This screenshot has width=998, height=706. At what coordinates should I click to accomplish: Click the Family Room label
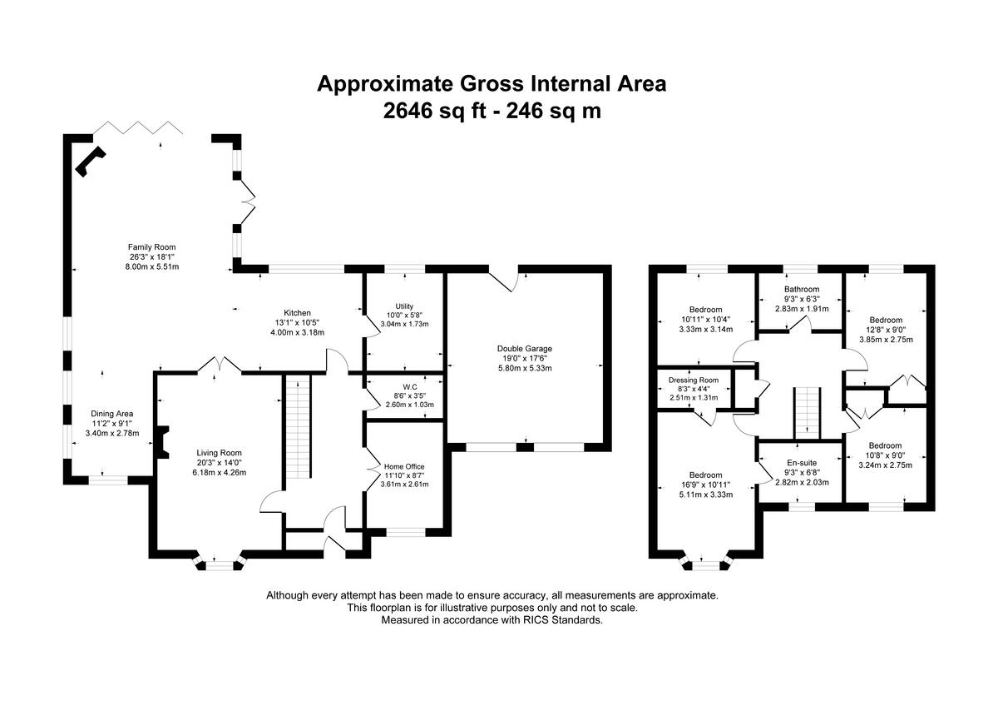coord(152,247)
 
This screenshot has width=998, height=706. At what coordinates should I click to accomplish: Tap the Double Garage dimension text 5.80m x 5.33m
coord(525,368)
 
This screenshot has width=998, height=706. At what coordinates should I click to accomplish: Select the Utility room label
coord(404,306)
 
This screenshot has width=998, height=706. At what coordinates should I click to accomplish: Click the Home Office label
coord(404,466)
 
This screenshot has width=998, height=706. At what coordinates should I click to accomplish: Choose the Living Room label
coord(220,453)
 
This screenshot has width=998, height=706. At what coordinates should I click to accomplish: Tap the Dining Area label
coord(111,414)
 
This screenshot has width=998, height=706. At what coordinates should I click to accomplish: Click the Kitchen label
coord(297,313)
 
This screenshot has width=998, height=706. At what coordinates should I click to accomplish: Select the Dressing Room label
coord(694,380)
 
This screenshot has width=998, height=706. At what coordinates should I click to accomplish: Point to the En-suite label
coord(801,463)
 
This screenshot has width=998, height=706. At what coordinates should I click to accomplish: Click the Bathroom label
coord(802,290)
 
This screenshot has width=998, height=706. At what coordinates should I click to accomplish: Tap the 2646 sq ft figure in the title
coord(434,111)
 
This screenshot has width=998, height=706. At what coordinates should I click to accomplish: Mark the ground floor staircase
coord(298,426)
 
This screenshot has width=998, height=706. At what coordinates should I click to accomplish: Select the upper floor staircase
coord(808,413)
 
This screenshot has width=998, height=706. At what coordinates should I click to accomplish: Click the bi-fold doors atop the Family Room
coord(138,127)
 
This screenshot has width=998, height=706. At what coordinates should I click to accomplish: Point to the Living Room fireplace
coord(161,442)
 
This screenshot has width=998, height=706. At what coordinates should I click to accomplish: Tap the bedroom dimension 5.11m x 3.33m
coord(706,495)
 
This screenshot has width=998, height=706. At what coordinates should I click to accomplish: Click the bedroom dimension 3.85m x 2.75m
coord(886,340)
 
